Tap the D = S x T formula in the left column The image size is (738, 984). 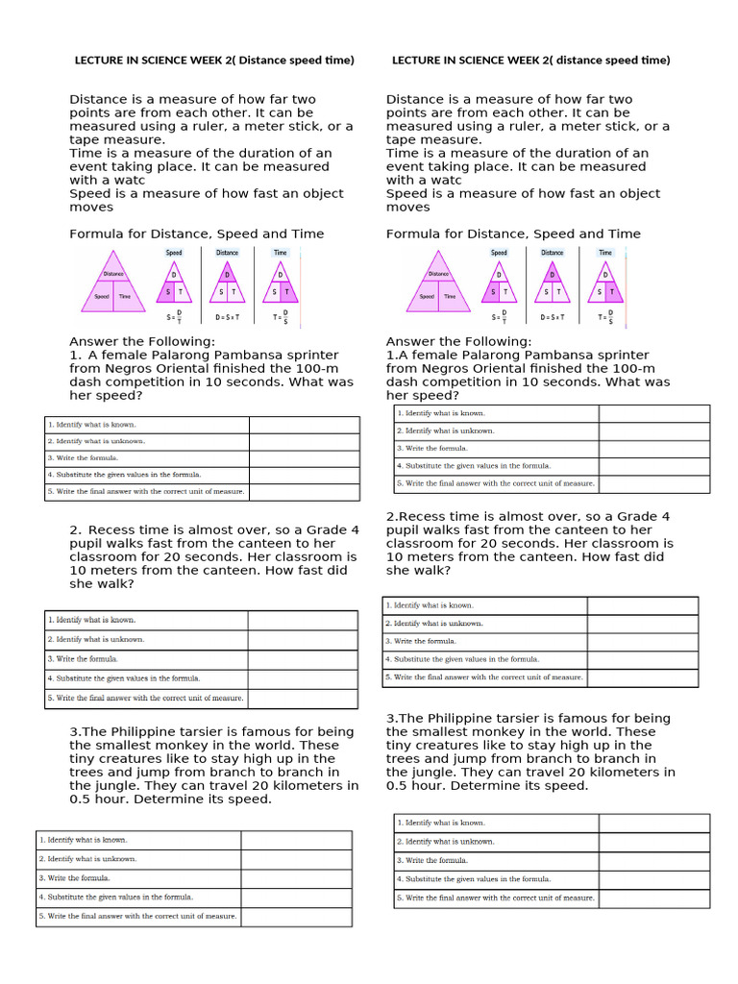click(x=228, y=315)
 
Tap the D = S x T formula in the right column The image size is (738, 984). click(x=553, y=315)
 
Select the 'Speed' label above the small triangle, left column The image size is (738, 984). click(x=174, y=253)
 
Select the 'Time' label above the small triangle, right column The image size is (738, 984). click(x=605, y=253)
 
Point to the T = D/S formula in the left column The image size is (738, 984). click(x=281, y=315)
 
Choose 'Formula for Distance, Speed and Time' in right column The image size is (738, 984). click(x=513, y=234)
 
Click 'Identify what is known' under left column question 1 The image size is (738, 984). click(x=92, y=424)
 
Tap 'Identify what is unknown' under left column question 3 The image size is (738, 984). click(x=87, y=859)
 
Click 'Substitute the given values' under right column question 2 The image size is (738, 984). click(x=462, y=659)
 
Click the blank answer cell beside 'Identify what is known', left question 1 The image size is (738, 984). click(x=304, y=424)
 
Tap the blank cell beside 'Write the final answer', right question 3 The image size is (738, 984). click(x=653, y=898)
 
